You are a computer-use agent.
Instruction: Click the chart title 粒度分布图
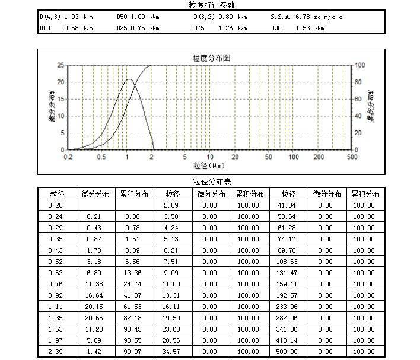tap(211, 58)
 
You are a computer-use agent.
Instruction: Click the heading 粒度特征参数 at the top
tap(210, 5)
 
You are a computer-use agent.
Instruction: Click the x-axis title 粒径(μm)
tap(210, 165)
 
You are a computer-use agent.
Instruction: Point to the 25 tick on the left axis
tap(61, 65)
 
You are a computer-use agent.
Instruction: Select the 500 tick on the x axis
tap(352, 157)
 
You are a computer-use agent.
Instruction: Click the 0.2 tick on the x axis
tap(69, 157)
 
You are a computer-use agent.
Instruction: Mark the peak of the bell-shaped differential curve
tap(129, 79)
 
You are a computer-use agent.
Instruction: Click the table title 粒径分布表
tap(210, 181)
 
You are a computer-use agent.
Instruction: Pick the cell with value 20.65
tap(96, 319)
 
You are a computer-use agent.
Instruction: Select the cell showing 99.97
tap(134, 353)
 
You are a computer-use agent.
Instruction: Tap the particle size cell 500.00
tap(289, 353)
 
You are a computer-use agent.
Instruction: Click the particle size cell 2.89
tap(173, 205)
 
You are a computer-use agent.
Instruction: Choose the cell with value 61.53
tap(134, 308)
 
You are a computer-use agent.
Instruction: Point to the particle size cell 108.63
tap(289, 262)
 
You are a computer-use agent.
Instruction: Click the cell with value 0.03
tap(211, 205)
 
